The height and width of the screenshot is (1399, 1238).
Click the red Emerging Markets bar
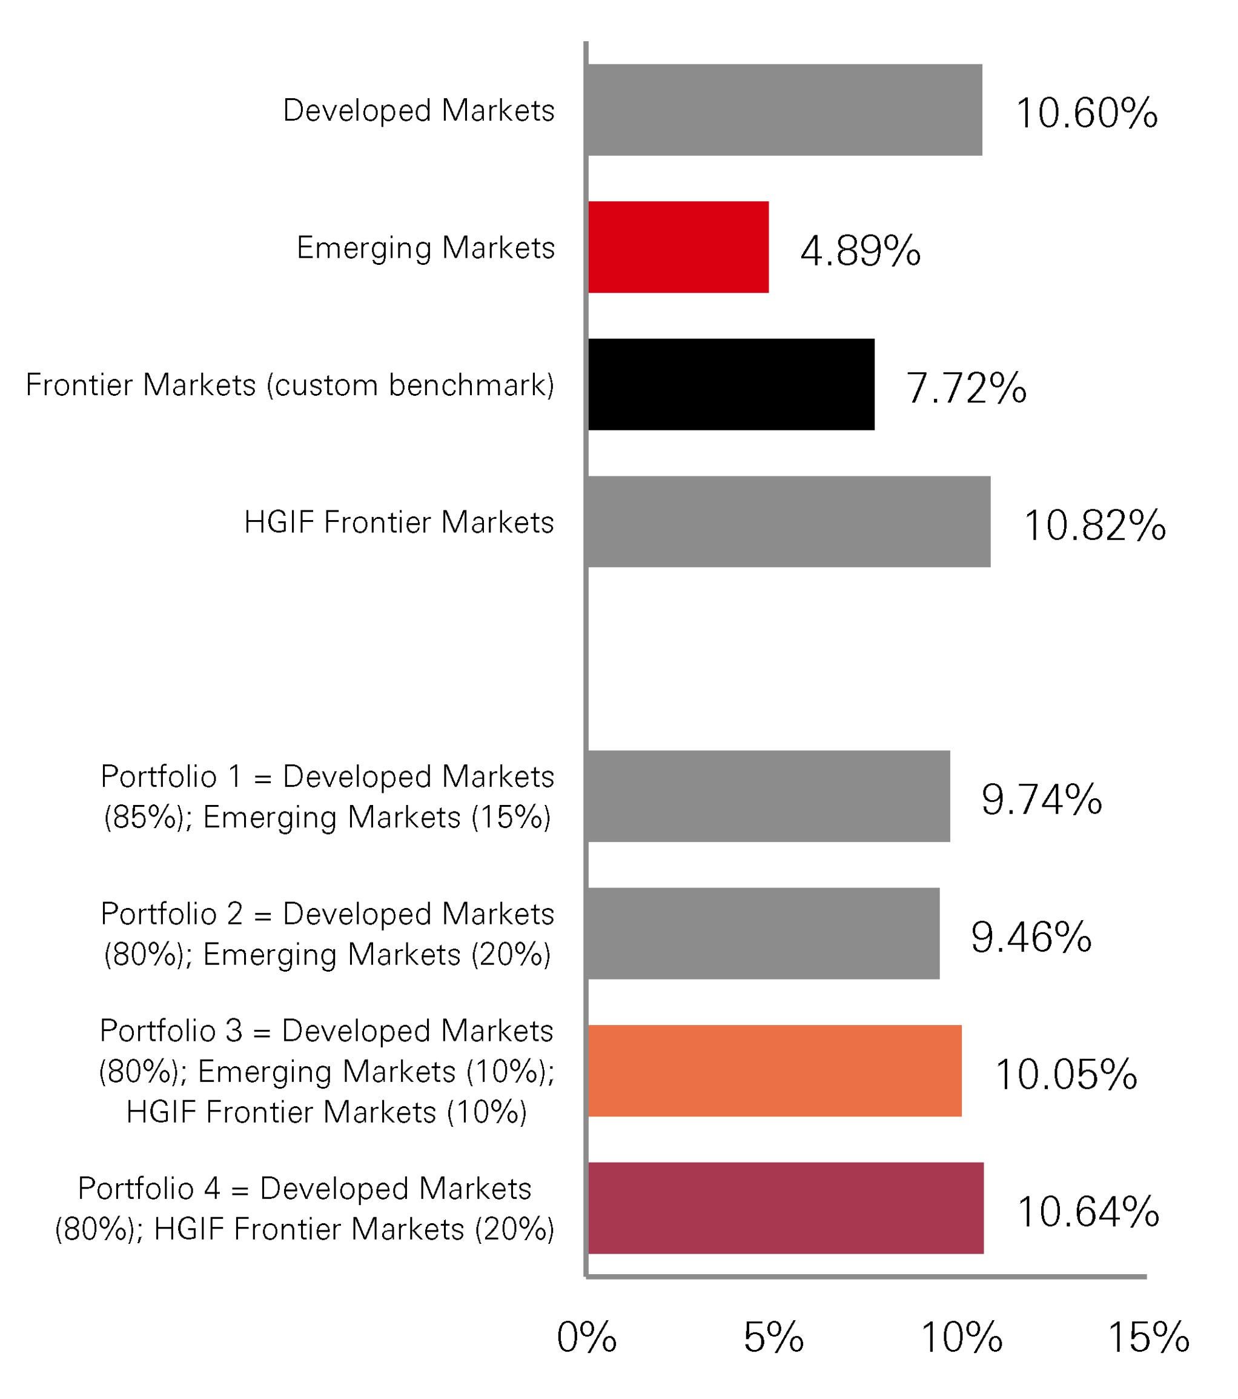[x=678, y=247]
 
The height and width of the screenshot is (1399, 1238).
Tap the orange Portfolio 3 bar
[x=774, y=1070]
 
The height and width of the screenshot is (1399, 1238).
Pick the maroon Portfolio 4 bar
[x=785, y=1208]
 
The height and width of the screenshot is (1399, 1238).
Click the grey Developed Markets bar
[x=784, y=110]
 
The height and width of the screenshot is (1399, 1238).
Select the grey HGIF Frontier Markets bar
[x=789, y=521]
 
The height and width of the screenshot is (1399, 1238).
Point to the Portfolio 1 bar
[x=768, y=796]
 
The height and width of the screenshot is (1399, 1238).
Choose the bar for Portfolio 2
[x=763, y=933]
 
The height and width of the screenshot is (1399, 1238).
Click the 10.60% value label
[x=1086, y=113]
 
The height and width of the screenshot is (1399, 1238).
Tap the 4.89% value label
[x=861, y=250]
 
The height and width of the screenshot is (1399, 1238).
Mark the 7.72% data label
[x=966, y=388]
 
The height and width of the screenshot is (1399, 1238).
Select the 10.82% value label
[x=1094, y=526]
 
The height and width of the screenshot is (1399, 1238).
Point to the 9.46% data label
[x=1031, y=937]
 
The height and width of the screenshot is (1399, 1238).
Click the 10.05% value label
[x=1065, y=1075]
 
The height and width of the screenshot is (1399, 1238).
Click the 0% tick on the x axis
[x=587, y=1337]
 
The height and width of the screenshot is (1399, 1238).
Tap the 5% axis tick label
[x=773, y=1337]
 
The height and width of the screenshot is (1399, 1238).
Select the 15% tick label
[x=1148, y=1337]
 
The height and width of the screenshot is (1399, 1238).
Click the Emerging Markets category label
[x=425, y=248]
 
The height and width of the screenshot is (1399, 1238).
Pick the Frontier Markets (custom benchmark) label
[x=290, y=385]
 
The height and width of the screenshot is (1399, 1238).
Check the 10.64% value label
[x=1088, y=1212]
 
